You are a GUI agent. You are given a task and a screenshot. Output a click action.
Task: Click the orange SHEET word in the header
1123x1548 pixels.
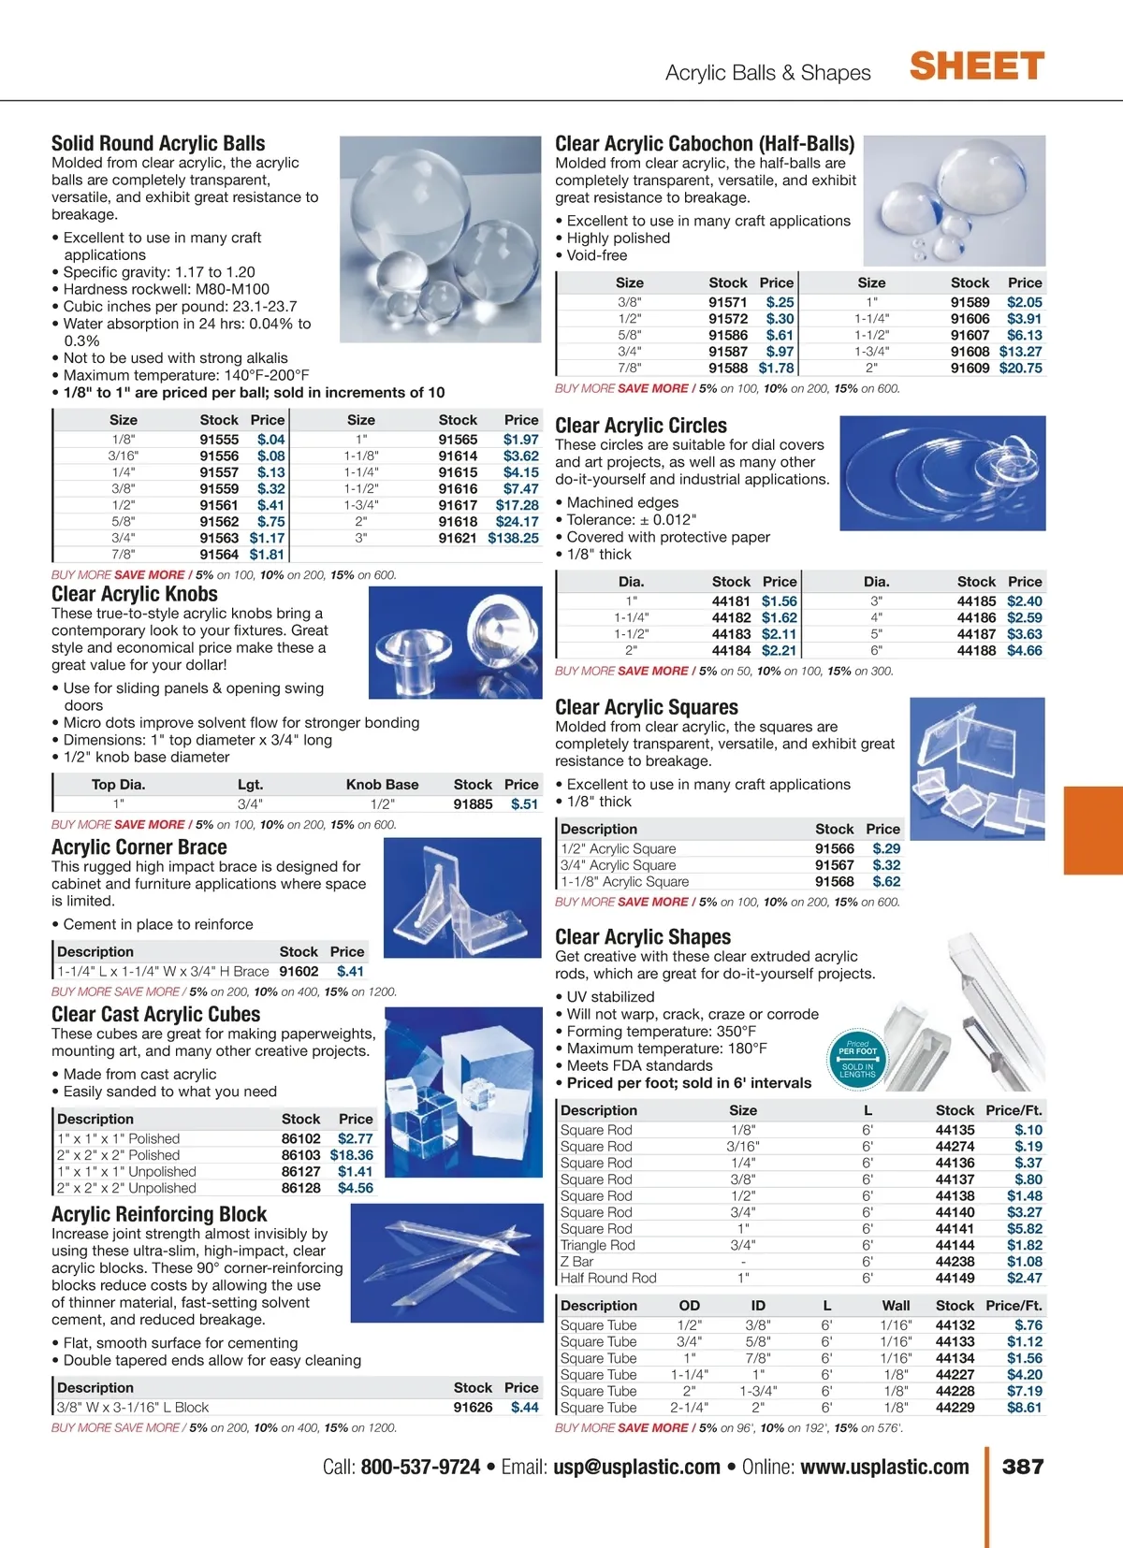976,67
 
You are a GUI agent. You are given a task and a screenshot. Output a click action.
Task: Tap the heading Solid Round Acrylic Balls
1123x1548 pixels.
158,143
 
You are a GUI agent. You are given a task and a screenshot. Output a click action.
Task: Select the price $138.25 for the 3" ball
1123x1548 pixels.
513,538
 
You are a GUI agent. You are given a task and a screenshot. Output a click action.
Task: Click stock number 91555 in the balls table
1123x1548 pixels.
219,440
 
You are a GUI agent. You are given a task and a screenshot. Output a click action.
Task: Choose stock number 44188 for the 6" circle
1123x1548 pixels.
976,651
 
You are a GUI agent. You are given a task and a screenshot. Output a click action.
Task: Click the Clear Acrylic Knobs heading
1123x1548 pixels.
135,594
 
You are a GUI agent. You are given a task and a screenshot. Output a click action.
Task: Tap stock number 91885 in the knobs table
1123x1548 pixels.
473,804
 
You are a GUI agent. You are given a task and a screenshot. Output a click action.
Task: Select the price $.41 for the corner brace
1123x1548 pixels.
350,972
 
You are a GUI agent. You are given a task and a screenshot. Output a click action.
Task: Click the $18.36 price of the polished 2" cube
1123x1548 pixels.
351,1155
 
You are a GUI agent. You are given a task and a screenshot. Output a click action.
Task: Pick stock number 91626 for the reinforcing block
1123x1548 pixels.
473,1408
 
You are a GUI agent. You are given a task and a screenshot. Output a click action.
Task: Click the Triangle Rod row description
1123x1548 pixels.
597,1245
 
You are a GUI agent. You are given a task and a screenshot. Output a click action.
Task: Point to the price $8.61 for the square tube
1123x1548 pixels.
1024,1408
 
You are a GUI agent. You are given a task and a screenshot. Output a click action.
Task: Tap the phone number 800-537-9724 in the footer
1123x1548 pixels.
420,1467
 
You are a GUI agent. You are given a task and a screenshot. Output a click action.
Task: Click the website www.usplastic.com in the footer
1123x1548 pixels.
884,1467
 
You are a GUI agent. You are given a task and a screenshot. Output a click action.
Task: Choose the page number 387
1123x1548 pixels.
1023,1467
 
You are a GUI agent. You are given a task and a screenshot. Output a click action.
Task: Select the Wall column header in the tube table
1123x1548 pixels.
896,1306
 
